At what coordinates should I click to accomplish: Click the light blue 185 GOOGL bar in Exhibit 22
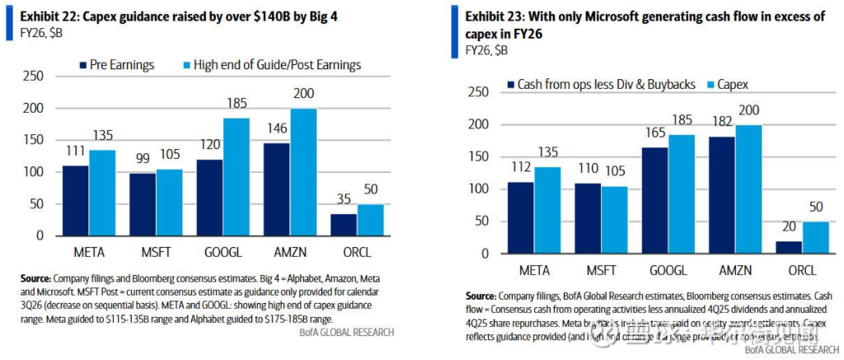(x=236, y=177)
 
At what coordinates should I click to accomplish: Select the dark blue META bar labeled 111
(x=77, y=200)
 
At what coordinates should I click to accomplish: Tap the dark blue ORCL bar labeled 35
(x=343, y=224)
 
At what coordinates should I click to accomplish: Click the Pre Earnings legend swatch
(x=83, y=65)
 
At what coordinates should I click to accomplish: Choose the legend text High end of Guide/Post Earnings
(x=277, y=65)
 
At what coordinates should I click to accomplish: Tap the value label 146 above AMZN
(x=276, y=129)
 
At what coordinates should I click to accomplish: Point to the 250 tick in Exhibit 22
(x=30, y=77)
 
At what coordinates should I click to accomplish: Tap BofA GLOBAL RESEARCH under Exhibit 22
(x=349, y=332)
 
